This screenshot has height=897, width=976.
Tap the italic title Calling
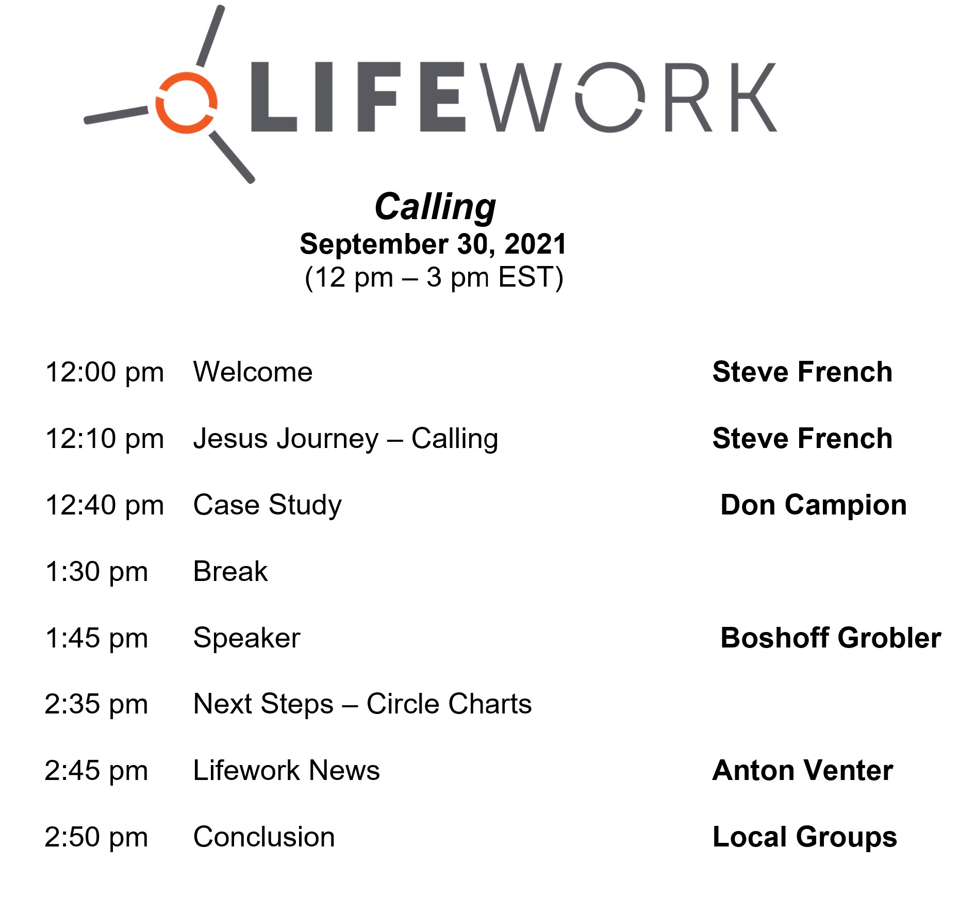pos(435,207)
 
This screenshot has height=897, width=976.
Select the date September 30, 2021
pos(433,244)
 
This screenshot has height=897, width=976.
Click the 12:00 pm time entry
pos(105,372)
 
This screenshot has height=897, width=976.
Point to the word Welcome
pos(253,372)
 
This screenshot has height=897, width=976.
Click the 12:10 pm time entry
pos(105,439)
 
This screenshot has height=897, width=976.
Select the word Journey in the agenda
pos(328,439)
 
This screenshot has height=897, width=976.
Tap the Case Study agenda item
pos(267,505)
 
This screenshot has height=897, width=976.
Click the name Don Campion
pos(814,505)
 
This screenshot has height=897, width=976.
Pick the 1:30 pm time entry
pos(96,572)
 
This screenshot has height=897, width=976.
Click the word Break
pos(230,571)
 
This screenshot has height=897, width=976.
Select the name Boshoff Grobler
pos(831,638)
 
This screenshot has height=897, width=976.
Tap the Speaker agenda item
pos(246,638)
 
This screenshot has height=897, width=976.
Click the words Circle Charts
pos(449,704)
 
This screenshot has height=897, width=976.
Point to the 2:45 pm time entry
pos(96,771)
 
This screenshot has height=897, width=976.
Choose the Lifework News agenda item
pos(286,770)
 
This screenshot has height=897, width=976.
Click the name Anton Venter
pos(802,770)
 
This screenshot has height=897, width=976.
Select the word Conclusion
pos(264,837)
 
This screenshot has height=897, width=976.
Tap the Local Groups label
pos(804,837)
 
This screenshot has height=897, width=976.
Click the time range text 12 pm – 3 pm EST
pos(434,277)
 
